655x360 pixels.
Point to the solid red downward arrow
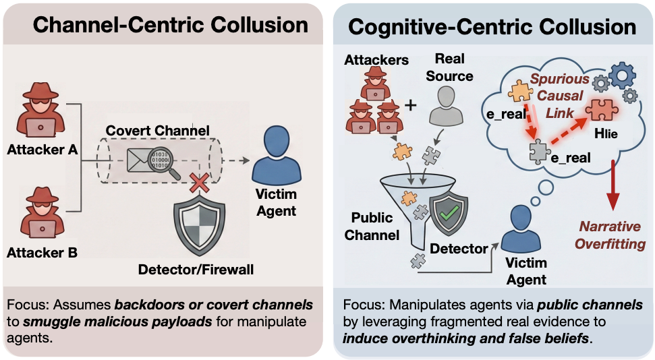[613, 185]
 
